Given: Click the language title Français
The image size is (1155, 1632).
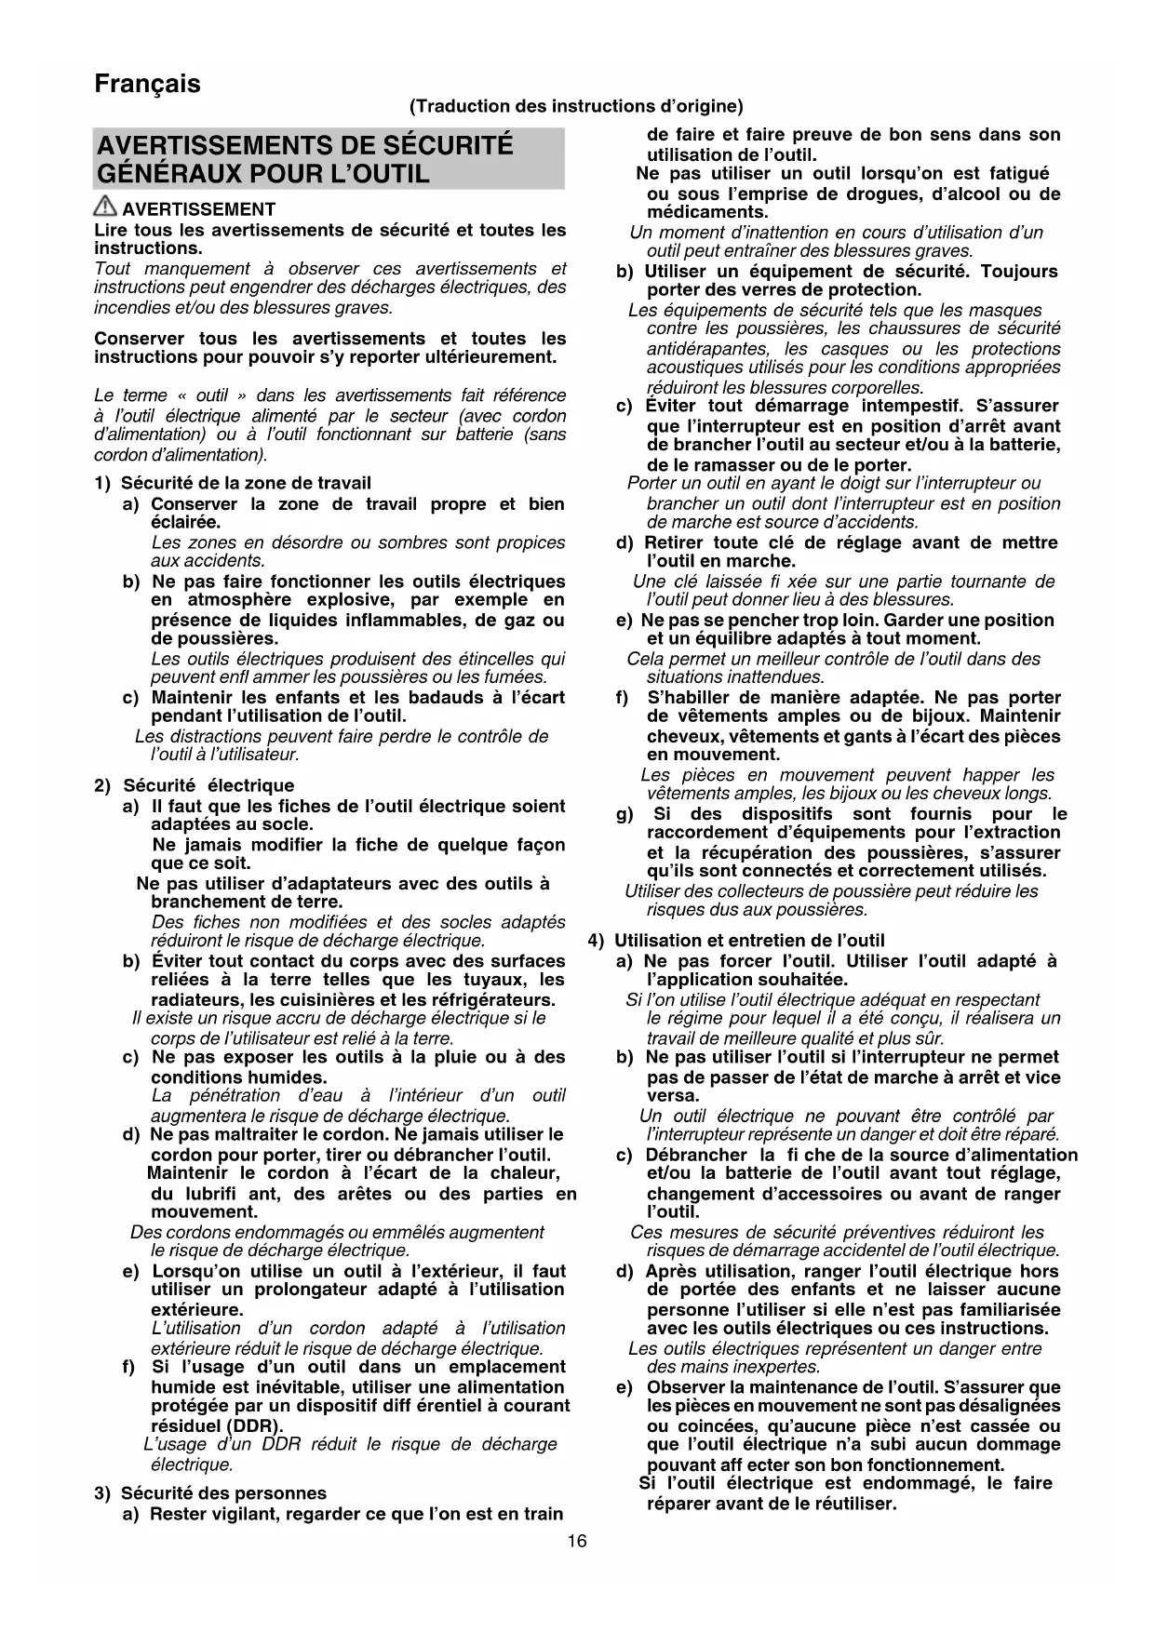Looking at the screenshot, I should pos(147,84).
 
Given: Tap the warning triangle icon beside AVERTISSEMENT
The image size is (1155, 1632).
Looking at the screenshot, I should pos(105,208).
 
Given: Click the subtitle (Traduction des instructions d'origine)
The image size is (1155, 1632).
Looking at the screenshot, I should pos(576,106).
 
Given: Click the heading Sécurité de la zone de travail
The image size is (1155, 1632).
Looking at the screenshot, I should pos(246,483).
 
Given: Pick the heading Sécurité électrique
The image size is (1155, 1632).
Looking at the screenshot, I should pos(208,785).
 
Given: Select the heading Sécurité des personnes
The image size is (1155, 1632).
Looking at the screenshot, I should pos(224,1493).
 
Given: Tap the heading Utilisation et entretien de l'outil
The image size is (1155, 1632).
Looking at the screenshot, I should pos(749,941).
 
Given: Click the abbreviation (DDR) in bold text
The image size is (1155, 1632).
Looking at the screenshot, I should pos(255,1425).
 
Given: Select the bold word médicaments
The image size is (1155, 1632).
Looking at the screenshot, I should pos(707,212).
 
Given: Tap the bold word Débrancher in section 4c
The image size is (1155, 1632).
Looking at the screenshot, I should pos(696,1155).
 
